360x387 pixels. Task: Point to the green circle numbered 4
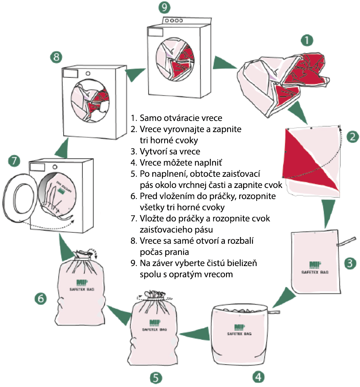tap(258, 377)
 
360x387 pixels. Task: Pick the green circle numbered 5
tap(156, 377)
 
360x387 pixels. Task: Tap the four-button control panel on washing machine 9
tap(174, 21)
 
